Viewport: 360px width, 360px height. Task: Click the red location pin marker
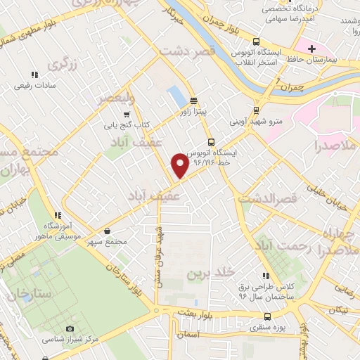[180, 165]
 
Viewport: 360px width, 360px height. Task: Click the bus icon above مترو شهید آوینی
[256, 110]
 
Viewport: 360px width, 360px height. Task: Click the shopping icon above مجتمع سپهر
[107, 231]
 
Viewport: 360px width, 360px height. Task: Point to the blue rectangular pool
[174, 94]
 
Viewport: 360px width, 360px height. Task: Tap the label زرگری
[62, 64]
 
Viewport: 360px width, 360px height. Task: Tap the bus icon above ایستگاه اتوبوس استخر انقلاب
[256, 40]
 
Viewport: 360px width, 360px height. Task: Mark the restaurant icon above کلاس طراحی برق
[265, 276]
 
